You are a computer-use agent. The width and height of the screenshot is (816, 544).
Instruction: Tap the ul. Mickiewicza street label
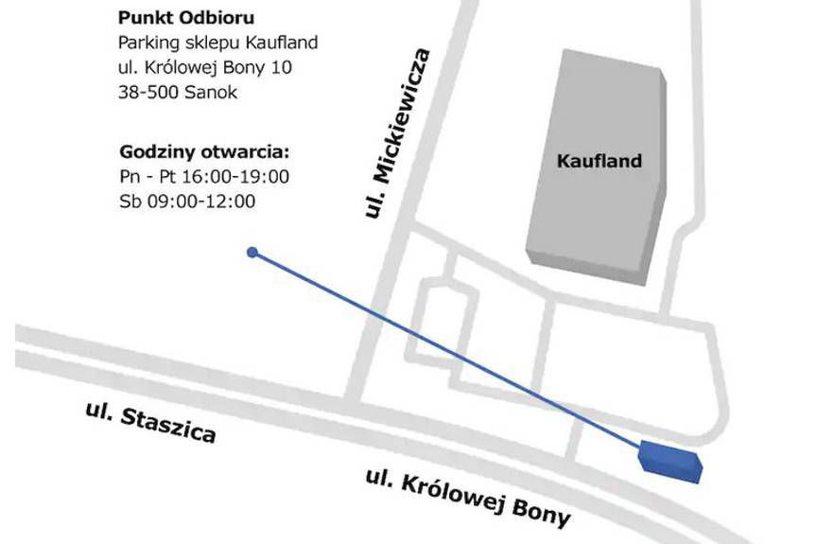coord(397,134)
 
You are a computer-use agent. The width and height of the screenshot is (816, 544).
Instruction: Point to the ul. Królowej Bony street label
coord(468,498)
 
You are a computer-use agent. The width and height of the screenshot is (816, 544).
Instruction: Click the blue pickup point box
coord(670,461)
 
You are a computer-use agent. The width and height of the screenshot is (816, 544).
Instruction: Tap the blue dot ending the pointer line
coord(252,253)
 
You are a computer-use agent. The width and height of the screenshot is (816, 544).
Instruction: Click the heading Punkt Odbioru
coord(186,18)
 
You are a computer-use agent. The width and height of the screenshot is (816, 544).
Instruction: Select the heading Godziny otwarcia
coord(204,152)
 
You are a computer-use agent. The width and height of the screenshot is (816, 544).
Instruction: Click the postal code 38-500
coord(146,93)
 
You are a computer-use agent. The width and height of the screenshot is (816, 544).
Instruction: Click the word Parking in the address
coord(147,44)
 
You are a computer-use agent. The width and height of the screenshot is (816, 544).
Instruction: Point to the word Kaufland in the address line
coord(280,44)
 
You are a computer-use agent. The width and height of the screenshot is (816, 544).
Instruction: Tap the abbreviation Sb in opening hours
coord(130,202)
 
